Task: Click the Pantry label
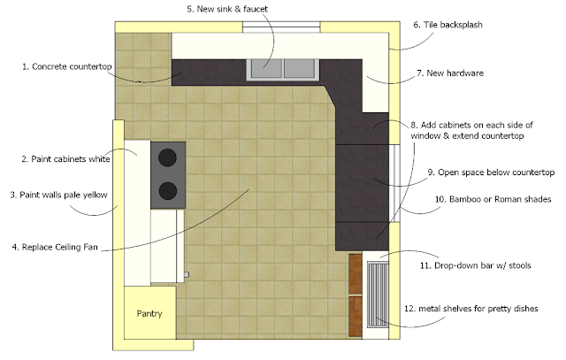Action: (x=149, y=313)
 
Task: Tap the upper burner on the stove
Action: (x=167, y=157)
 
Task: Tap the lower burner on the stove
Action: (x=167, y=191)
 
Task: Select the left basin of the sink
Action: (x=267, y=68)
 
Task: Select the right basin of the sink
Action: (x=299, y=68)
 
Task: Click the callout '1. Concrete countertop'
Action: (x=67, y=66)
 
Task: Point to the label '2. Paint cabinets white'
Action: (x=65, y=159)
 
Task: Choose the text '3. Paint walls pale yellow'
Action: (x=59, y=195)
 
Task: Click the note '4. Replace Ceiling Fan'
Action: (x=55, y=247)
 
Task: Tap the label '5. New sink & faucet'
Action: (x=227, y=9)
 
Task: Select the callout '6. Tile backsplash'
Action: (x=448, y=25)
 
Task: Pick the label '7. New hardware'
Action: (x=450, y=73)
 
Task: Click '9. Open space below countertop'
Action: (x=492, y=172)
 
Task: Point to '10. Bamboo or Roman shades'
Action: (x=493, y=199)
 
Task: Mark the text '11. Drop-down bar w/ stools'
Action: (x=476, y=265)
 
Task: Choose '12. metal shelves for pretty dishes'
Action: (x=471, y=309)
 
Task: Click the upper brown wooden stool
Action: (x=356, y=273)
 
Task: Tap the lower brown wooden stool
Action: (x=356, y=317)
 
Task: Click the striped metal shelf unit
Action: (x=378, y=295)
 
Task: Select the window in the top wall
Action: (x=281, y=27)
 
